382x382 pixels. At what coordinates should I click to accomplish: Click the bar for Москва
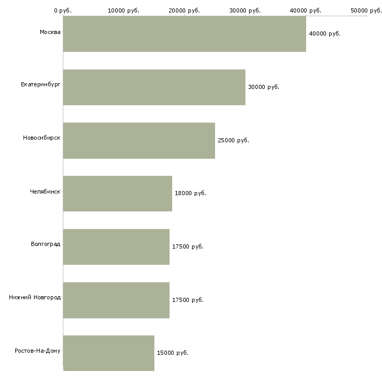184,33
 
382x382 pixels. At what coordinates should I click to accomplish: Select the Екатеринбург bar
154,87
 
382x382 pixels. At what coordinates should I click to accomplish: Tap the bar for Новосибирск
139,141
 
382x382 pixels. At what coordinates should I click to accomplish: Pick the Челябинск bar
117,194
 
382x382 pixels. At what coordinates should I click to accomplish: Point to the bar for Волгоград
116,247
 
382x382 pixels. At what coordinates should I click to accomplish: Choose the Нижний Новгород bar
116,300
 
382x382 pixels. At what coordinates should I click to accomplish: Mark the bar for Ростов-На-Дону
109,353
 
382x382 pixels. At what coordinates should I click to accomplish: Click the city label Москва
50,32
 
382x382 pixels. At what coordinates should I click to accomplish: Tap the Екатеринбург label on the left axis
40,85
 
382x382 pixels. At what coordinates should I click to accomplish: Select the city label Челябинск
45,192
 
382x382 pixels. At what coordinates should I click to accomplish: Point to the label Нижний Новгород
35,297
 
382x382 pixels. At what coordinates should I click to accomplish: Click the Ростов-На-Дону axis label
38,351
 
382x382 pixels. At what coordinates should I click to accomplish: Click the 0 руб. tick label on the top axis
63,10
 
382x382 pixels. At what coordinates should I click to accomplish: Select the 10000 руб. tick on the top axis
123,10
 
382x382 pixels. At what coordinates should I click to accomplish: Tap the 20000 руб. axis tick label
184,10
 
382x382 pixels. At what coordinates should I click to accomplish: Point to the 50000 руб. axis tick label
366,10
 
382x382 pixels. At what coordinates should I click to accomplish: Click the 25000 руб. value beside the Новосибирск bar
233,140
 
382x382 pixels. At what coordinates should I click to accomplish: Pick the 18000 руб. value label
190,194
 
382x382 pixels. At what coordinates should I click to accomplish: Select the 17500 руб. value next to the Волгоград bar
188,246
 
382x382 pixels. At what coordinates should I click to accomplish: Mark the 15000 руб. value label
173,353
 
